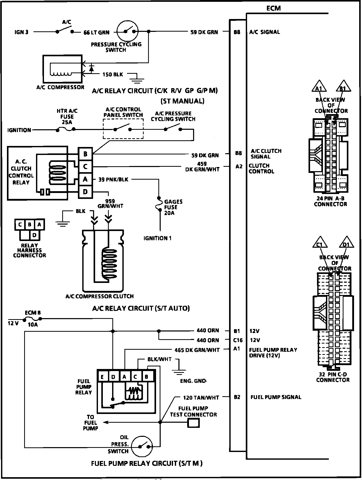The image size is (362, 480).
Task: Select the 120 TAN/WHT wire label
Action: coord(201,398)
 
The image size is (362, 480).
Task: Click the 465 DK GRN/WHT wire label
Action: coord(197,350)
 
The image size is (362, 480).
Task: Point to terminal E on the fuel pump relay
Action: coord(102,377)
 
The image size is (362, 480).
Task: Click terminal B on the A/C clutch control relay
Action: coord(85,154)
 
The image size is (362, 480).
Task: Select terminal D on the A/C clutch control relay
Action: coord(85,192)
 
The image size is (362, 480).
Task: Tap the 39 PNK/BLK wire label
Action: coord(113,180)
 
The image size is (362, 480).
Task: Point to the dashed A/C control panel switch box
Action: coord(123,129)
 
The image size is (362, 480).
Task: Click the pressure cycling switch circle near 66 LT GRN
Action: coord(128,31)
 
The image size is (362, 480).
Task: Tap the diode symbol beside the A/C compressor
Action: coord(91,69)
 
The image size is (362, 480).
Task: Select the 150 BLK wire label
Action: coord(113,75)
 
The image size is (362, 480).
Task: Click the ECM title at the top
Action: coord(274,8)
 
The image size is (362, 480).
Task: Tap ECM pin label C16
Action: coord(238,340)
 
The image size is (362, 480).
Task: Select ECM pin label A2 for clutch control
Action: coord(239,167)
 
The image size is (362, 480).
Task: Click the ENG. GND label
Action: coord(193,381)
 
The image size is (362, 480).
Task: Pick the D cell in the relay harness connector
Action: coord(34,235)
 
